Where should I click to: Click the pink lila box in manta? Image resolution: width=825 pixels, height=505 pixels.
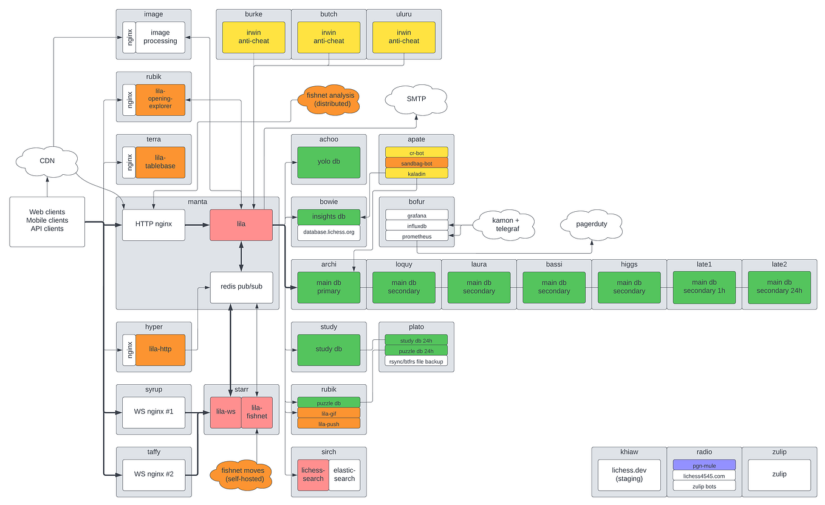pyautogui.click(x=241, y=224)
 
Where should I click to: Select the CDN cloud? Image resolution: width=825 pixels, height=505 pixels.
pyautogui.click(x=47, y=161)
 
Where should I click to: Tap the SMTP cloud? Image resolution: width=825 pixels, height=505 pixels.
pyautogui.click(x=416, y=99)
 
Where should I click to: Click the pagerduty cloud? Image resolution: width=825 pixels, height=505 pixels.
pyautogui.click(x=591, y=225)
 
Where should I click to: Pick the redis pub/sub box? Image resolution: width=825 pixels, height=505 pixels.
pyautogui.click(x=241, y=287)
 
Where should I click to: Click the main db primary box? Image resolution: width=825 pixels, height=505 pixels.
pyautogui.click(x=328, y=287)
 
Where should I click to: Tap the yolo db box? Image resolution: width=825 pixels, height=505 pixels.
pyautogui.click(x=328, y=162)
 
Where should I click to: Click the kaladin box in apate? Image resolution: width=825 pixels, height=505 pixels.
pyautogui.click(x=416, y=174)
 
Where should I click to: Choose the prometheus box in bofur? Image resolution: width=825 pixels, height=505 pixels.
pyautogui.click(x=416, y=236)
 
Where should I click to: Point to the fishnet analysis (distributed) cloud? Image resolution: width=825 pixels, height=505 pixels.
pyautogui.click(x=329, y=99)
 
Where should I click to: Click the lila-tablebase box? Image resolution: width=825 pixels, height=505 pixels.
pyautogui.click(x=160, y=162)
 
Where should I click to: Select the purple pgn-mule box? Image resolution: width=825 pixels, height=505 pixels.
pyautogui.click(x=704, y=465)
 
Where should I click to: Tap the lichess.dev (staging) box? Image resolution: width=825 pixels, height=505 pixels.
pyautogui.click(x=629, y=474)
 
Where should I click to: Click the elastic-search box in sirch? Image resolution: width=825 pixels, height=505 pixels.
pyautogui.click(x=344, y=474)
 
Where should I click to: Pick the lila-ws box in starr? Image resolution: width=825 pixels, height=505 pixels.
pyautogui.click(x=225, y=412)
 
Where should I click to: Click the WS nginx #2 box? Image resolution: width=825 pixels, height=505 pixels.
pyautogui.click(x=154, y=474)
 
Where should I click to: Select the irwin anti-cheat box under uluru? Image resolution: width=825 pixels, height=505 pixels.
pyautogui.click(x=404, y=37)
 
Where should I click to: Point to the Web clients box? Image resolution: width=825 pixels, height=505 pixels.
pyautogui.click(x=47, y=221)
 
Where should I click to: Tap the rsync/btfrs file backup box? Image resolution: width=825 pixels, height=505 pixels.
pyautogui.click(x=416, y=361)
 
